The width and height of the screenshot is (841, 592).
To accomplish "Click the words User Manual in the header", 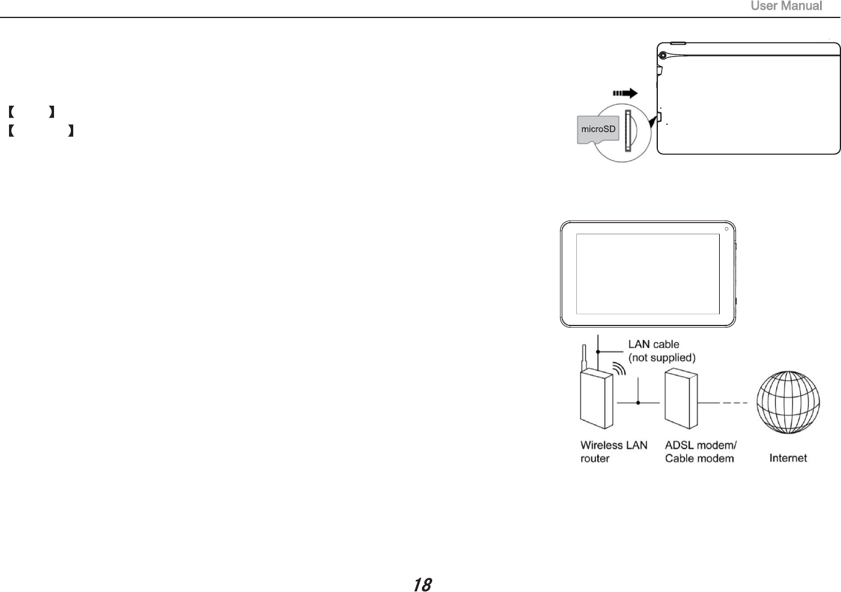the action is point(786,7).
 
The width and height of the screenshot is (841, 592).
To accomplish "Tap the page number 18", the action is point(423,584).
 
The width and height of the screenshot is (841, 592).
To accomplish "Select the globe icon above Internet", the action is point(788,403).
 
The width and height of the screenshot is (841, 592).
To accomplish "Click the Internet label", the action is point(788,458).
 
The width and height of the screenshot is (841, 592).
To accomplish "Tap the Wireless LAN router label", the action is point(613,452).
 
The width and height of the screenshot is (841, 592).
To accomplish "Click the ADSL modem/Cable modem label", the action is point(701,452).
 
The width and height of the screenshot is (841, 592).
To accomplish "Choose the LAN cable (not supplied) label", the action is point(662,351).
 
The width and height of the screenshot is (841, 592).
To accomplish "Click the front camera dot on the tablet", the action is point(726,229).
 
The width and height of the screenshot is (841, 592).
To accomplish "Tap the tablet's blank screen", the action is point(648,274).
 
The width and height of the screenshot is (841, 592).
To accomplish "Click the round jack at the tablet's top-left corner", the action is point(663,55).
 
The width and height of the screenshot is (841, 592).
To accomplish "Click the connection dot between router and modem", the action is point(638,403).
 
